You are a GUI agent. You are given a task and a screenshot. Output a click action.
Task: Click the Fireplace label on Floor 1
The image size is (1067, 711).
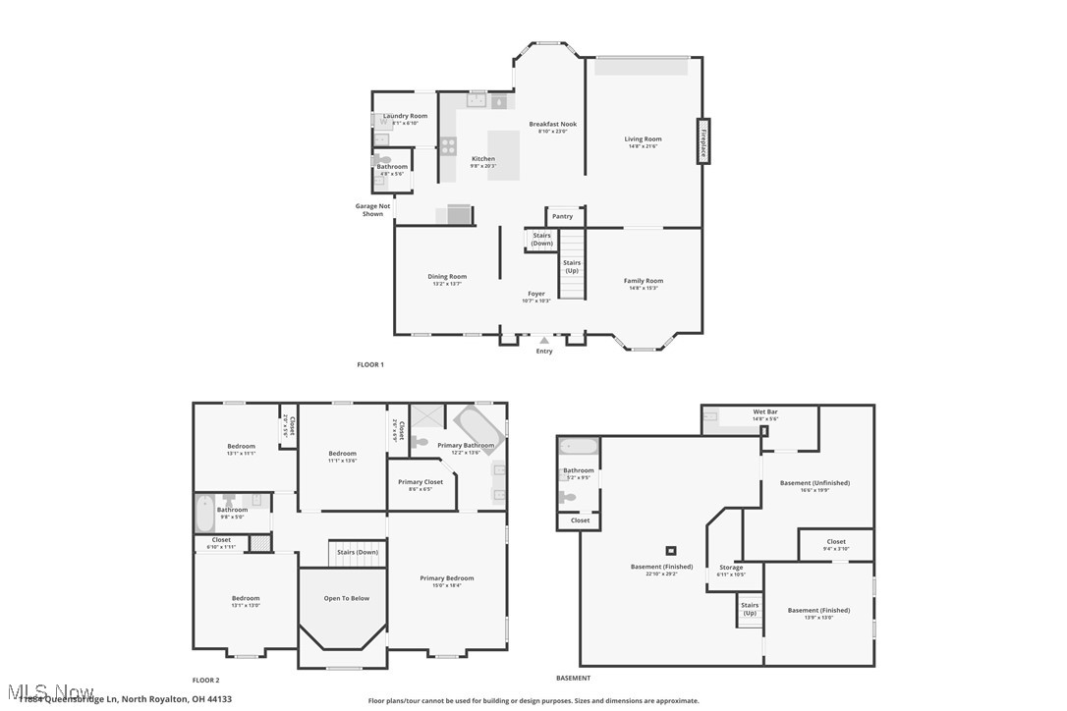pos(703,141)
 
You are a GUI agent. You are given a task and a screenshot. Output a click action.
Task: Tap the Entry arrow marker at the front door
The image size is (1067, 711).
pos(544,340)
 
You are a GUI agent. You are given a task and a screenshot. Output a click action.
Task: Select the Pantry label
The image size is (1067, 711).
pos(562,216)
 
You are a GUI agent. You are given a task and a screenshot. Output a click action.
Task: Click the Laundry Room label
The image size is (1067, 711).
pos(405,116)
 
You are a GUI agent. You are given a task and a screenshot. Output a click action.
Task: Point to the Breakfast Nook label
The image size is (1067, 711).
pos(552,125)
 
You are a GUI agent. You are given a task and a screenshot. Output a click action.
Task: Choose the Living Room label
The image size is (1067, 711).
pos(643,139)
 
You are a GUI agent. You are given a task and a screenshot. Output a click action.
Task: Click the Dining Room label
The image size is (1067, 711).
pos(446,277)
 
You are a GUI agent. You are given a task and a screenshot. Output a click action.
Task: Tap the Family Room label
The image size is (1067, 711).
pos(643,281)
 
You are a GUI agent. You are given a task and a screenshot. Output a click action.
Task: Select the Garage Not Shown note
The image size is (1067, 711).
pos(372,209)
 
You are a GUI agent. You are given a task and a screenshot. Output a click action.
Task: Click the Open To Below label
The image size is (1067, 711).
pos(347,598)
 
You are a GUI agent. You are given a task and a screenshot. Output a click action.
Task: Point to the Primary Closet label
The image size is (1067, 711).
pos(421,482)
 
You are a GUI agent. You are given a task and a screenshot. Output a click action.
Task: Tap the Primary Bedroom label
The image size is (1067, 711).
pos(446,578)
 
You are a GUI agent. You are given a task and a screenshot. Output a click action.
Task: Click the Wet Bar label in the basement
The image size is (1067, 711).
pos(764,411)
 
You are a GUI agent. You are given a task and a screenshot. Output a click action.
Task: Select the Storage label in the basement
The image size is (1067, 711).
pos(731,568)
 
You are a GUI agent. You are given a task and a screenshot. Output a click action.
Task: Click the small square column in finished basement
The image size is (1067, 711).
pos(671,550)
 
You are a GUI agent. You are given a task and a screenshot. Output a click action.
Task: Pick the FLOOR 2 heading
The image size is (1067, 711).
pos(205,680)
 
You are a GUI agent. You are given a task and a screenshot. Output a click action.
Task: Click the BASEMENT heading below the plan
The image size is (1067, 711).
pos(573,678)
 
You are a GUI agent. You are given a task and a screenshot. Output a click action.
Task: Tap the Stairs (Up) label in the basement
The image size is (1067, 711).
pos(750,609)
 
